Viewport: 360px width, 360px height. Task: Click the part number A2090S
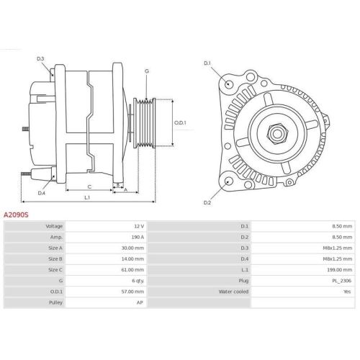(17, 215)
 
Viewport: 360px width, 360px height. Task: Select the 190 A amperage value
(137, 237)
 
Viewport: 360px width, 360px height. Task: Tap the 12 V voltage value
(139, 226)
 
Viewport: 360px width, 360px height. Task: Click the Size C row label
(55, 269)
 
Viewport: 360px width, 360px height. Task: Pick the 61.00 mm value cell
(134, 269)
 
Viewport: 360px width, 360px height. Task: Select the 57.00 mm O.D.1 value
(134, 292)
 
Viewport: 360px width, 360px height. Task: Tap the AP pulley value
(140, 302)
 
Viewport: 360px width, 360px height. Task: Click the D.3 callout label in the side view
(40, 58)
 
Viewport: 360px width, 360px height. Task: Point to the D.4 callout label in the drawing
(41, 192)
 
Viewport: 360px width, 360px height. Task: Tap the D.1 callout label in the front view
(207, 63)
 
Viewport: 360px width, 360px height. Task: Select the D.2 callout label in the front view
(207, 202)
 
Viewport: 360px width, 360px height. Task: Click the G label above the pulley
(147, 71)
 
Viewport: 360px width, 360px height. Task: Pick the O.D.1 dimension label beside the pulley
(181, 122)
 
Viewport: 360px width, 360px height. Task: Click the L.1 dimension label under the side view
(86, 197)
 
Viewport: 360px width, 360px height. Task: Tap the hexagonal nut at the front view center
(276, 132)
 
